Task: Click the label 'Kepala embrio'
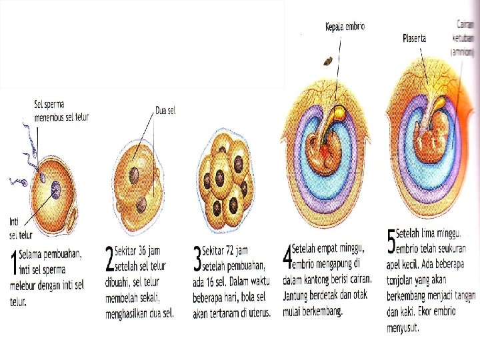(344, 27)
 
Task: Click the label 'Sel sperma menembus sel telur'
(61, 111)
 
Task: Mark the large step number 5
(391, 243)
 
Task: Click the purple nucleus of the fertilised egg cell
(53, 187)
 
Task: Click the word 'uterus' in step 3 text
(256, 313)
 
